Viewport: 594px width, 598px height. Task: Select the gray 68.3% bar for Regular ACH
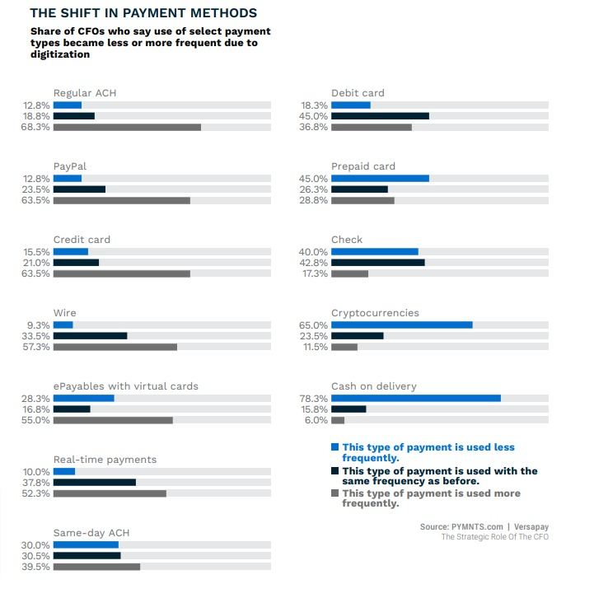(127, 128)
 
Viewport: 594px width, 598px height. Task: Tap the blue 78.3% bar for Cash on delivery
(415, 398)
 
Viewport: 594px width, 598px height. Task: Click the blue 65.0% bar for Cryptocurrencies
(401, 325)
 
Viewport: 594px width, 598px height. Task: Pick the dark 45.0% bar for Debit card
(380, 116)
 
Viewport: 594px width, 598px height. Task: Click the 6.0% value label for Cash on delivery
(316, 420)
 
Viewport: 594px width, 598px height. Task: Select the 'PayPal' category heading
(70, 166)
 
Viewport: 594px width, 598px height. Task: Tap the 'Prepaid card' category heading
(363, 166)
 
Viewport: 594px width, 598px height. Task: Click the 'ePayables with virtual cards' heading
(125, 386)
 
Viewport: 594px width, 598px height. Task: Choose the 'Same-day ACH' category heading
(91, 533)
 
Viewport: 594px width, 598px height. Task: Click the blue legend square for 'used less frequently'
(334, 447)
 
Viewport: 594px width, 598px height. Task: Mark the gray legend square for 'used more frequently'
(334, 493)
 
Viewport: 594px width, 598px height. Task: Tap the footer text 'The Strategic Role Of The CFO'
(494, 537)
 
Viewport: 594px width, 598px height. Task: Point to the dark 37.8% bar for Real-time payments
(94, 483)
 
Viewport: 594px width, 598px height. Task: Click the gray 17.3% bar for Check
(349, 273)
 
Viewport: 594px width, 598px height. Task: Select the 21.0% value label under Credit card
(37, 263)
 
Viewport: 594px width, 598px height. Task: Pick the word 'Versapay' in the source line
(530, 526)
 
